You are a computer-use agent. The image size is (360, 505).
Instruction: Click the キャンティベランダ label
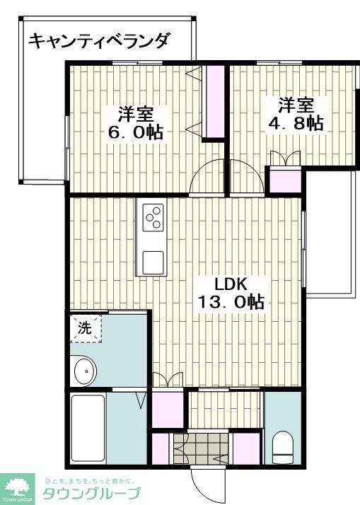click(99, 41)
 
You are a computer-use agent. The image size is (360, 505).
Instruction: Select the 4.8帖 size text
click(296, 123)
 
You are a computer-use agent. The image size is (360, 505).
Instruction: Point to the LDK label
click(230, 284)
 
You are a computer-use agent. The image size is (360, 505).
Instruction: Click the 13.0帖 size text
click(231, 303)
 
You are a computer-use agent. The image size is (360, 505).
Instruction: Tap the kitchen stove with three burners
click(153, 217)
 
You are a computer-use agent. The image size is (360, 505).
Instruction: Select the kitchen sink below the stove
click(153, 262)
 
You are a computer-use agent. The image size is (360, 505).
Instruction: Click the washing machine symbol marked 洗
click(86, 328)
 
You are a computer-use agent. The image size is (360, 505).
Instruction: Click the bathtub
click(88, 427)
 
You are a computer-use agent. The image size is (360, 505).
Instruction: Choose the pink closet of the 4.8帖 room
click(286, 180)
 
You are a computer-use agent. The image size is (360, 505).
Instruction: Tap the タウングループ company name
click(92, 494)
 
